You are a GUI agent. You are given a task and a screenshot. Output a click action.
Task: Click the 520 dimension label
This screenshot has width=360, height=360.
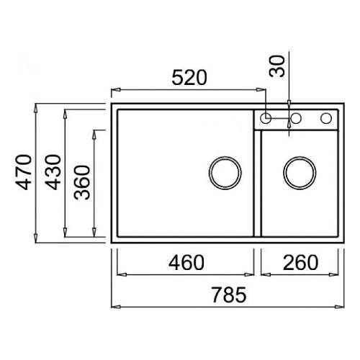point(189,78)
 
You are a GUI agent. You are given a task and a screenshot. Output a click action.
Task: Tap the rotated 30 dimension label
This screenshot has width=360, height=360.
point(276,66)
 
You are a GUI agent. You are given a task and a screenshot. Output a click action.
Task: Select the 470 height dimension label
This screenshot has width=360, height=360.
point(23,172)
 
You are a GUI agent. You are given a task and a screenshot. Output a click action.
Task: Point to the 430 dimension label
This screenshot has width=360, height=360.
point(53,172)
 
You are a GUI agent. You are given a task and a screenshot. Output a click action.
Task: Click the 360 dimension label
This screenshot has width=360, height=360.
point(82,183)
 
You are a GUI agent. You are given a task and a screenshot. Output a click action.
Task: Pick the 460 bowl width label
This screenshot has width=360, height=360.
point(186,262)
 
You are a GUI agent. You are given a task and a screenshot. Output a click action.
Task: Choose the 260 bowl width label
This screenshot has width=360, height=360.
point(300,262)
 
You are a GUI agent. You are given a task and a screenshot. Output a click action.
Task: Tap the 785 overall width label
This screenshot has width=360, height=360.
point(229,294)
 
